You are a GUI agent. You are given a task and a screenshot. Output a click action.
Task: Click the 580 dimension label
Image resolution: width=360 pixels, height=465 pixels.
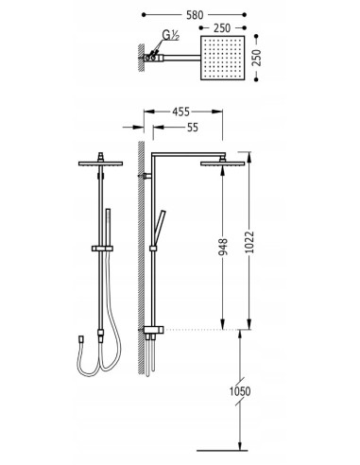[195, 15]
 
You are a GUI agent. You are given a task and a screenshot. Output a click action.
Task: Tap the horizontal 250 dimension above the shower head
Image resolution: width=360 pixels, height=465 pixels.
[222, 28]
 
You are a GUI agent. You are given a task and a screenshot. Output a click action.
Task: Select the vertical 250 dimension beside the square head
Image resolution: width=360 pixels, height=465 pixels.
[257, 58]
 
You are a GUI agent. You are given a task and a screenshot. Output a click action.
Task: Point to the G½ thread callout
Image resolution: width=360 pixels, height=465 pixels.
[170, 35]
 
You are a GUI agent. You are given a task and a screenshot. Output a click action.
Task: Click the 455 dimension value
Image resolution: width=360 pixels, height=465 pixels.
[181, 112]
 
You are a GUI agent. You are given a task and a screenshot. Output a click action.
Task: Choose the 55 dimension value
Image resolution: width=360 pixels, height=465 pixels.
[193, 128]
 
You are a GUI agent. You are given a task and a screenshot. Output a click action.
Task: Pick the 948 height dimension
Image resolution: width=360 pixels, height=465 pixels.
[222, 247]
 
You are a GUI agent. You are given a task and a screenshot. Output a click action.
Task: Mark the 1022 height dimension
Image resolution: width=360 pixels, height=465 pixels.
[249, 242]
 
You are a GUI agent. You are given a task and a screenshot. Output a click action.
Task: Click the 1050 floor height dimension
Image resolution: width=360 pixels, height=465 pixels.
[240, 391]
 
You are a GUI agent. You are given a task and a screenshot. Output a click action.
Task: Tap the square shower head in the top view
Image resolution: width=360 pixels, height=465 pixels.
[222, 58]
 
